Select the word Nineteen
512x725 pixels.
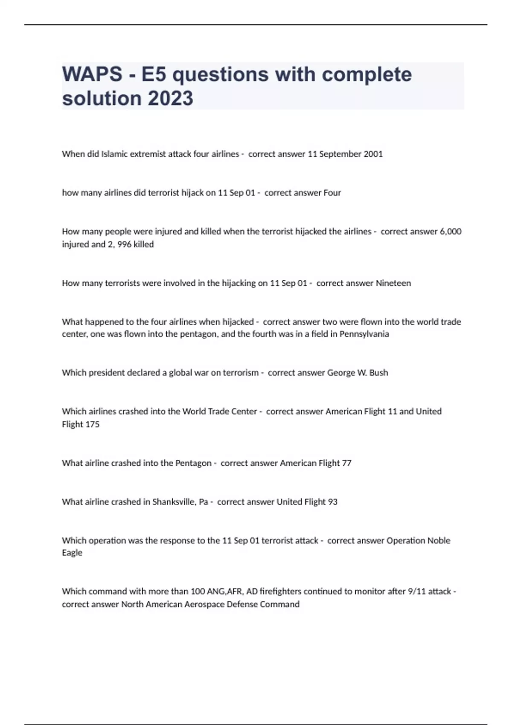pos(393,283)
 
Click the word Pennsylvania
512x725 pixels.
pos(364,334)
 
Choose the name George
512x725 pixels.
pos(341,373)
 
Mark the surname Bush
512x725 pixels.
pos(378,373)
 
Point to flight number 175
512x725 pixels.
pos(92,424)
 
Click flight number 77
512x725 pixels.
pos(346,463)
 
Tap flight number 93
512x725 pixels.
pos(332,502)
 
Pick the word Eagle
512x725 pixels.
pos(72,553)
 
